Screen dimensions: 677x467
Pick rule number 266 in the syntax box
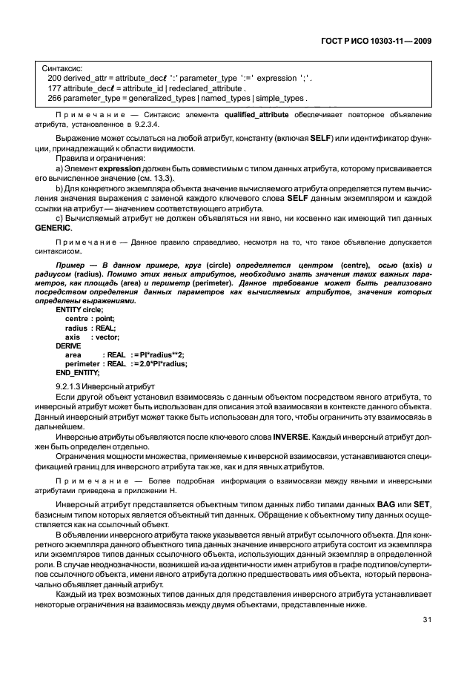tap(54, 98)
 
